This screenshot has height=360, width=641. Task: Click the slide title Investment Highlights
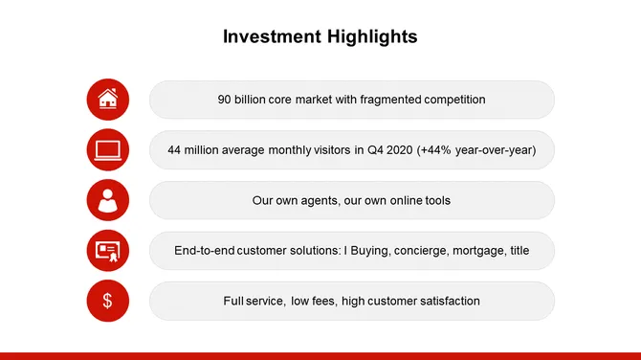click(320, 37)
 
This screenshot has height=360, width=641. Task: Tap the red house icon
click(108, 99)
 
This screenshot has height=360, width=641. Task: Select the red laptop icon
click(108, 149)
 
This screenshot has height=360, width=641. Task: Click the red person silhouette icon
click(108, 200)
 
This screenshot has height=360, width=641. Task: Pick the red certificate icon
click(108, 251)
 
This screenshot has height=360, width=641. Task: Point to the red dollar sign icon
click(108, 302)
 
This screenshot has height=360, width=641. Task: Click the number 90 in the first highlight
click(226, 100)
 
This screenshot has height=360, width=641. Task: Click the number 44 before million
click(175, 150)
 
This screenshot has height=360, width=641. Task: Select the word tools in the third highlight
click(435, 201)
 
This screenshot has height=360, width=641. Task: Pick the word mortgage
click(471, 251)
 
